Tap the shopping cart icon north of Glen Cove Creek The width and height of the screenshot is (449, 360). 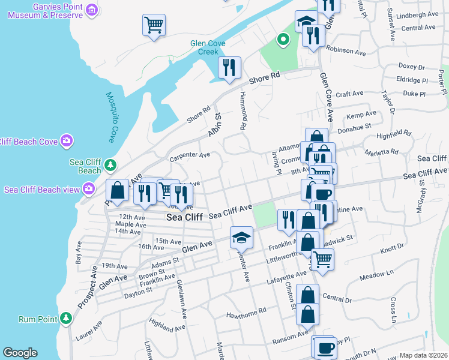tap(154, 25)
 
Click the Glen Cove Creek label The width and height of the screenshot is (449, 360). tap(208, 47)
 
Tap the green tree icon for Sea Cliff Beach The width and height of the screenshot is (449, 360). tap(110, 164)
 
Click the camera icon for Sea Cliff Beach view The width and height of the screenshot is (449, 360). tap(89, 190)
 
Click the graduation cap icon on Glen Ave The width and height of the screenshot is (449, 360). tap(241, 238)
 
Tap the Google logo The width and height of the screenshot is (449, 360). tap(20, 353)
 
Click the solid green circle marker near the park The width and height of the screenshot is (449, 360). tap(283, 40)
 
